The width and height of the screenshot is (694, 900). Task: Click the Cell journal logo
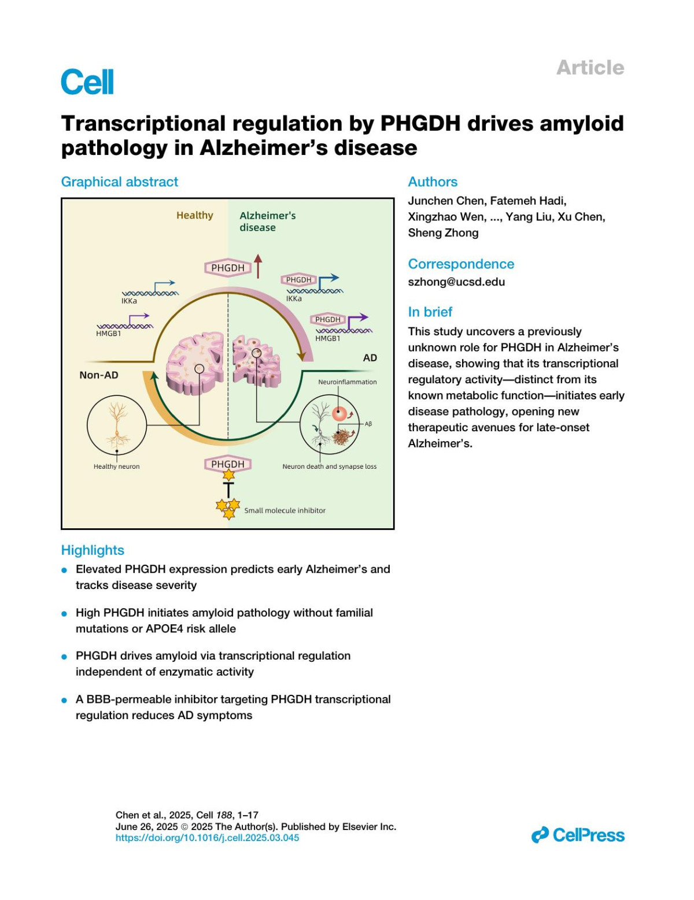(x=87, y=82)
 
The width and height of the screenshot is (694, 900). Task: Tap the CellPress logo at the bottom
(x=578, y=835)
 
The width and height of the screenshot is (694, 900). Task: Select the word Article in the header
(x=590, y=68)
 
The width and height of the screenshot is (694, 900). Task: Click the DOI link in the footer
(x=207, y=838)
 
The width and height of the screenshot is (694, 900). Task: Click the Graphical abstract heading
(x=120, y=182)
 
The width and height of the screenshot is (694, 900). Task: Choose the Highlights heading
(x=93, y=550)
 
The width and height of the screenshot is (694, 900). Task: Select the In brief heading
(x=430, y=312)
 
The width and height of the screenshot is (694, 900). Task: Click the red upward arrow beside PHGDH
(x=258, y=266)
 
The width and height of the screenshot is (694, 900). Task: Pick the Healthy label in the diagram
(x=194, y=216)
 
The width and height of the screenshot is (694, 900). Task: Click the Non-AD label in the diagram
(x=99, y=375)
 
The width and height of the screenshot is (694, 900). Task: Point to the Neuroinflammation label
(x=347, y=382)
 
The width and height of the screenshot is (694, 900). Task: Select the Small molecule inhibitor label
(x=285, y=510)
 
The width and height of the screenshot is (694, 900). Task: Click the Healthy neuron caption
(x=116, y=466)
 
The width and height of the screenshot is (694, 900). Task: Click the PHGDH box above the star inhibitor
(x=228, y=464)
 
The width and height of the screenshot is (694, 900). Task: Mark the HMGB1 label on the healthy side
(x=108, y=334)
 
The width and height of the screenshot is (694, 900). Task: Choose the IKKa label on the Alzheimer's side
(x=294, y=299)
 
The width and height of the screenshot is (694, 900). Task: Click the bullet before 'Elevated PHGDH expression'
(x=64, y=571)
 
